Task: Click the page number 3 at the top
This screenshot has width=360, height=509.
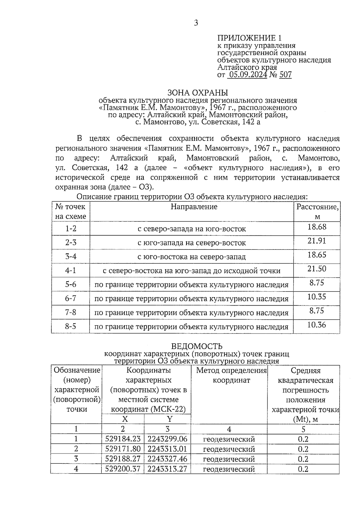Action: point(196,23)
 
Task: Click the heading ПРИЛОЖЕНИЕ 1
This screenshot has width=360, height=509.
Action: point(249,38)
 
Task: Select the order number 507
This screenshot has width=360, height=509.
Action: point(285,75)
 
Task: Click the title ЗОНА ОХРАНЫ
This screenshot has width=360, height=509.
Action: point(197,92)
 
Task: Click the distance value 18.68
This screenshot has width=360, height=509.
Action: point(317,227)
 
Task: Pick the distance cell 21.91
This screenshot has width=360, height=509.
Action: point(317,241)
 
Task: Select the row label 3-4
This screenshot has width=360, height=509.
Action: point(71,256)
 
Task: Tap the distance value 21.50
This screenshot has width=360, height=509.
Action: point(317,269)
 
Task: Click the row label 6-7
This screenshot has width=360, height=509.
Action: point(71,298)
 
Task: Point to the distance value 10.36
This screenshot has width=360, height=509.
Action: point(317,325)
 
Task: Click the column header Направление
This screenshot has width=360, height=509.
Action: point(194,207)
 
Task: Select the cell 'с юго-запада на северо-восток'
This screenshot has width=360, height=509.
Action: point(192,243)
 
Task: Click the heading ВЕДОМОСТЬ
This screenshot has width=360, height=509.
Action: point(196,346)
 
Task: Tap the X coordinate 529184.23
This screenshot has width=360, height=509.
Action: point(123,439)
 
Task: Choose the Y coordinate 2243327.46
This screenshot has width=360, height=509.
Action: point(167,459)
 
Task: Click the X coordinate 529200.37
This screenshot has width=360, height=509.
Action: point(123,469)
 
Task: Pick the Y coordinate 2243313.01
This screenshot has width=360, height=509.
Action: point(167,449)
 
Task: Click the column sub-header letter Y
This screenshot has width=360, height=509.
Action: point(170,419)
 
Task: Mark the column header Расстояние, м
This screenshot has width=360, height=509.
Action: point(317,211)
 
